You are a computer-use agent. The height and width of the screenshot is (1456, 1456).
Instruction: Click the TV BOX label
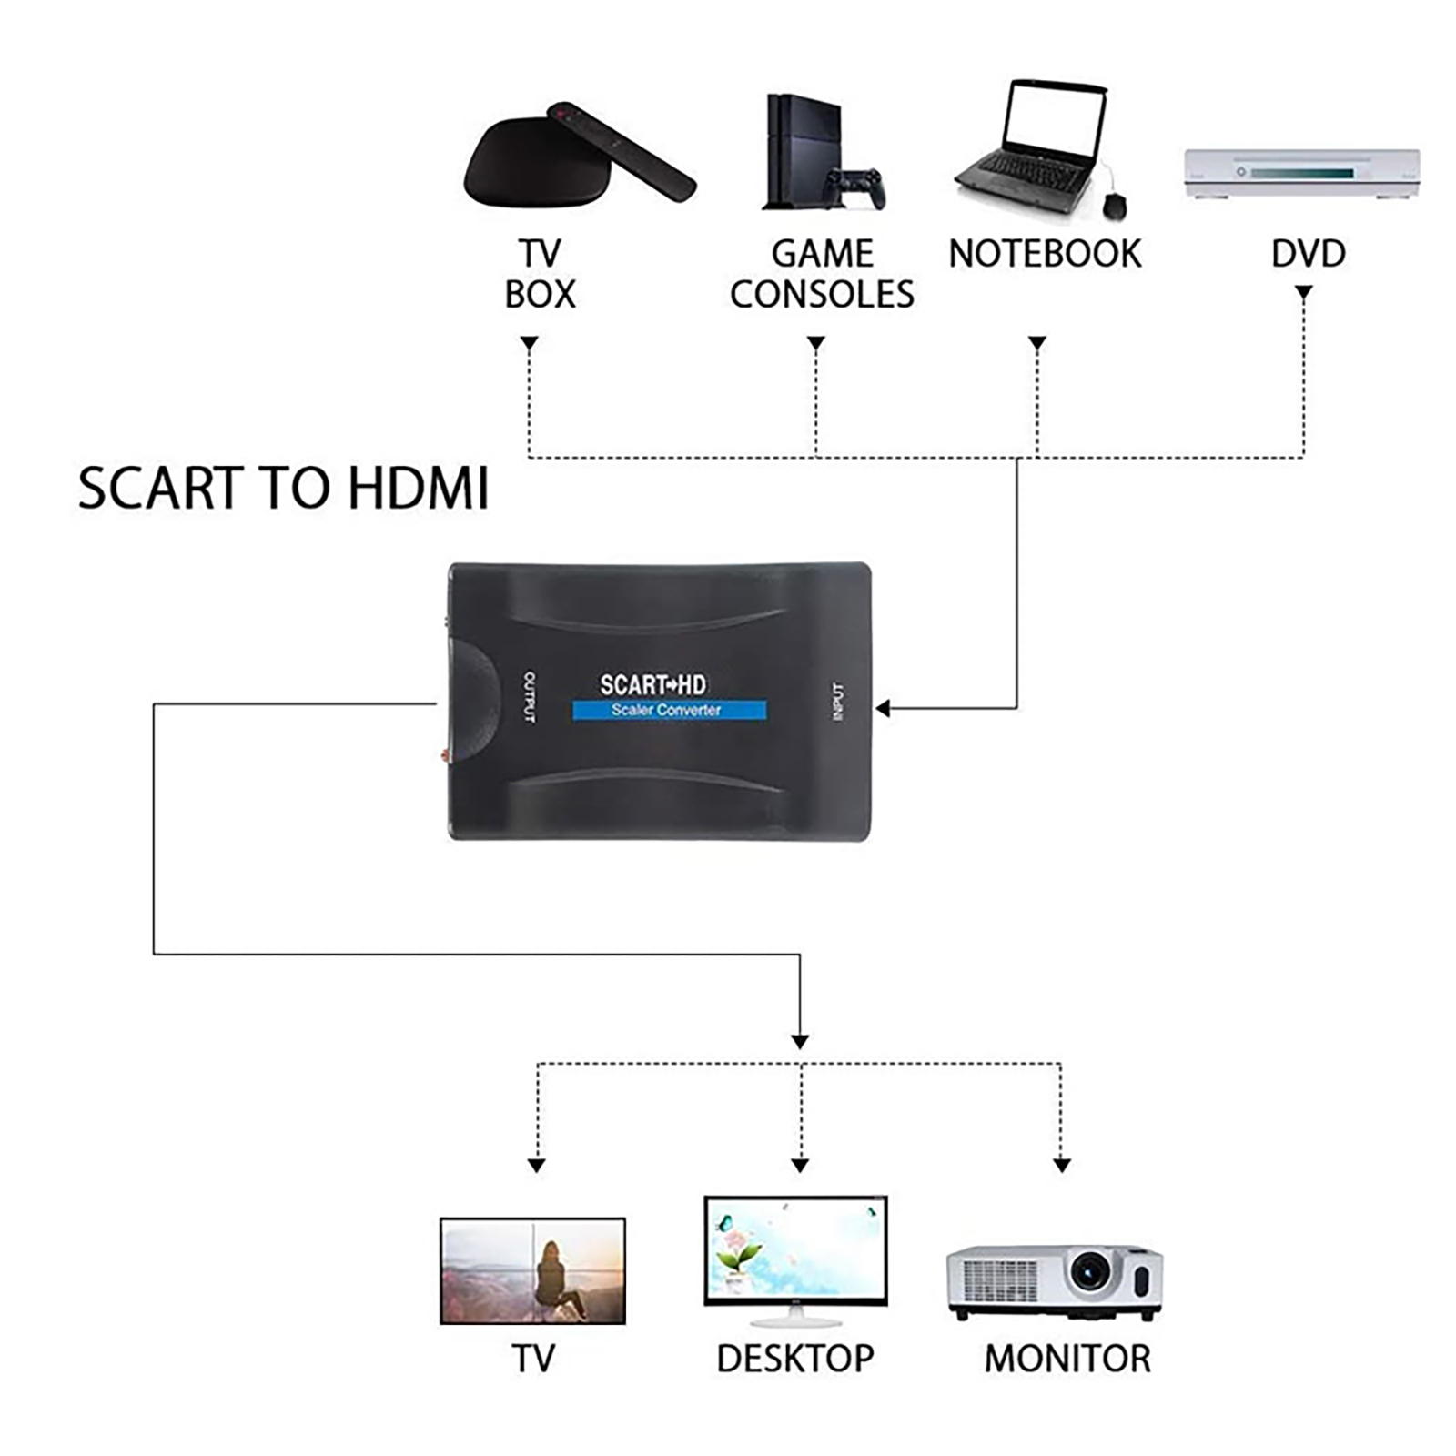(x=540, y=274)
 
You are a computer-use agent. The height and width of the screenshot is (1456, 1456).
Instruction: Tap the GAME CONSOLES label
(x=822, y=274)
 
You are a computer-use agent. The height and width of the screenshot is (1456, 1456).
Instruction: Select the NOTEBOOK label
(x=1045, y=254)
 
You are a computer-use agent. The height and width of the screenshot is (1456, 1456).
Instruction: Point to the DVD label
(x=1308, y=254)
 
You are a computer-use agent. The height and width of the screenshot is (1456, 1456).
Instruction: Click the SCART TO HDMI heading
(x=283, y=488)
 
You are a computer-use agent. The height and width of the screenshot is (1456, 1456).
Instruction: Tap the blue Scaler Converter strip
(x=669, y=710)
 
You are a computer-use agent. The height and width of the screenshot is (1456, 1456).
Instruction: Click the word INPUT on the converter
(x=838, y=702)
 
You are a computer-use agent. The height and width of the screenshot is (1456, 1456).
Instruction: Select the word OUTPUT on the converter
(x=530, y=698)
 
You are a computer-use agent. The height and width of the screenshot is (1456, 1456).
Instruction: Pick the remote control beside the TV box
(x=621, y=151)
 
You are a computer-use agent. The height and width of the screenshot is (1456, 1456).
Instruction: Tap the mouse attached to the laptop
(x=1114, y=206)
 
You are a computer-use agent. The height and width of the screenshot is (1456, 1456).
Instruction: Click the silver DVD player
(x=1301, y=173)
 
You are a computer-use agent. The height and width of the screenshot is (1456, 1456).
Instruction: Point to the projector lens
(x=1089, y=1271)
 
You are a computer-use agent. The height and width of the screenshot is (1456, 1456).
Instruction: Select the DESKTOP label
(x=794, y=1359)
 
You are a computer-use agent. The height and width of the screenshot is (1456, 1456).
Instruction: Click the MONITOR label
(x=1067, y=1359)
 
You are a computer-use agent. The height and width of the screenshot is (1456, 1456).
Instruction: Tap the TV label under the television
(x=533, y=1359)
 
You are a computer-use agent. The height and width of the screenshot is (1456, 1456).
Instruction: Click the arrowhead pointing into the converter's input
(x=882, y=708)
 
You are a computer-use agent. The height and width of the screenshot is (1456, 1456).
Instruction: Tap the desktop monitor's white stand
(x=794, y=1316)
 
